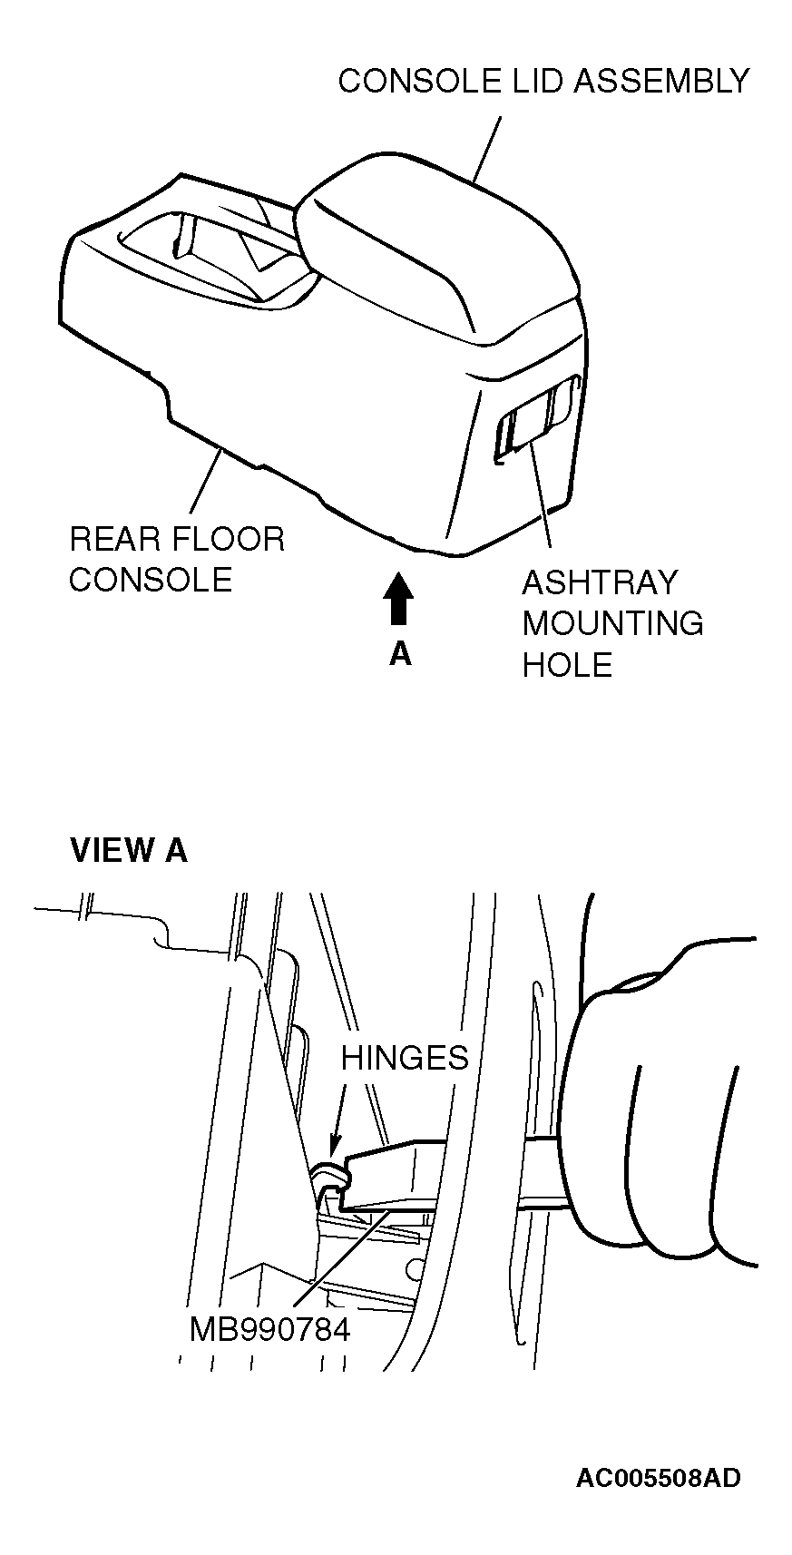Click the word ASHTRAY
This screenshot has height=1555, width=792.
pos(600,582)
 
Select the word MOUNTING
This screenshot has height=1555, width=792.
pos(612,623)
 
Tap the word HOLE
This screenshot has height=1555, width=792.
pos(568,665)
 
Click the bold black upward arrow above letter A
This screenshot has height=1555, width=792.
pos(398,600)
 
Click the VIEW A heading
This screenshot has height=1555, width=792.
pos(129,850)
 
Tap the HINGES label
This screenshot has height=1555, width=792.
pos(405,1057)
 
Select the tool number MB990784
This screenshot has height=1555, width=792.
pos(269,1330)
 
